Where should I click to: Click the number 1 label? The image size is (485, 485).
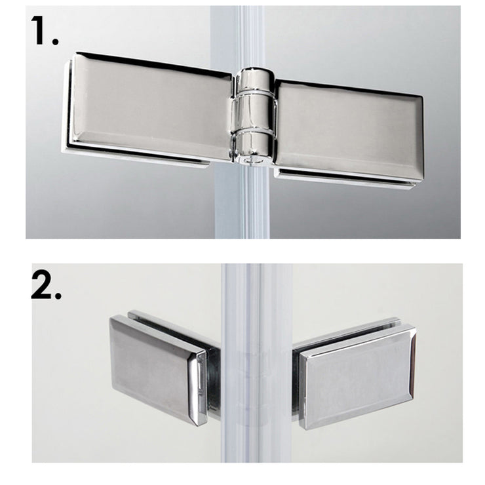pos(39,30)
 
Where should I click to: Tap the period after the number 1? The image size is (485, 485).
pos(55,41)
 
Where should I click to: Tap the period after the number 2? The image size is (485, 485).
pos(58,296)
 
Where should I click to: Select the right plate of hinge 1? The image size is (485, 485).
pos(348,130)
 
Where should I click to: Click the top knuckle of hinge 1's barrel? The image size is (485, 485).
pos(255,82)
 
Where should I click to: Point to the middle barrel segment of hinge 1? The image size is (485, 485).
pos(253,113)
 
